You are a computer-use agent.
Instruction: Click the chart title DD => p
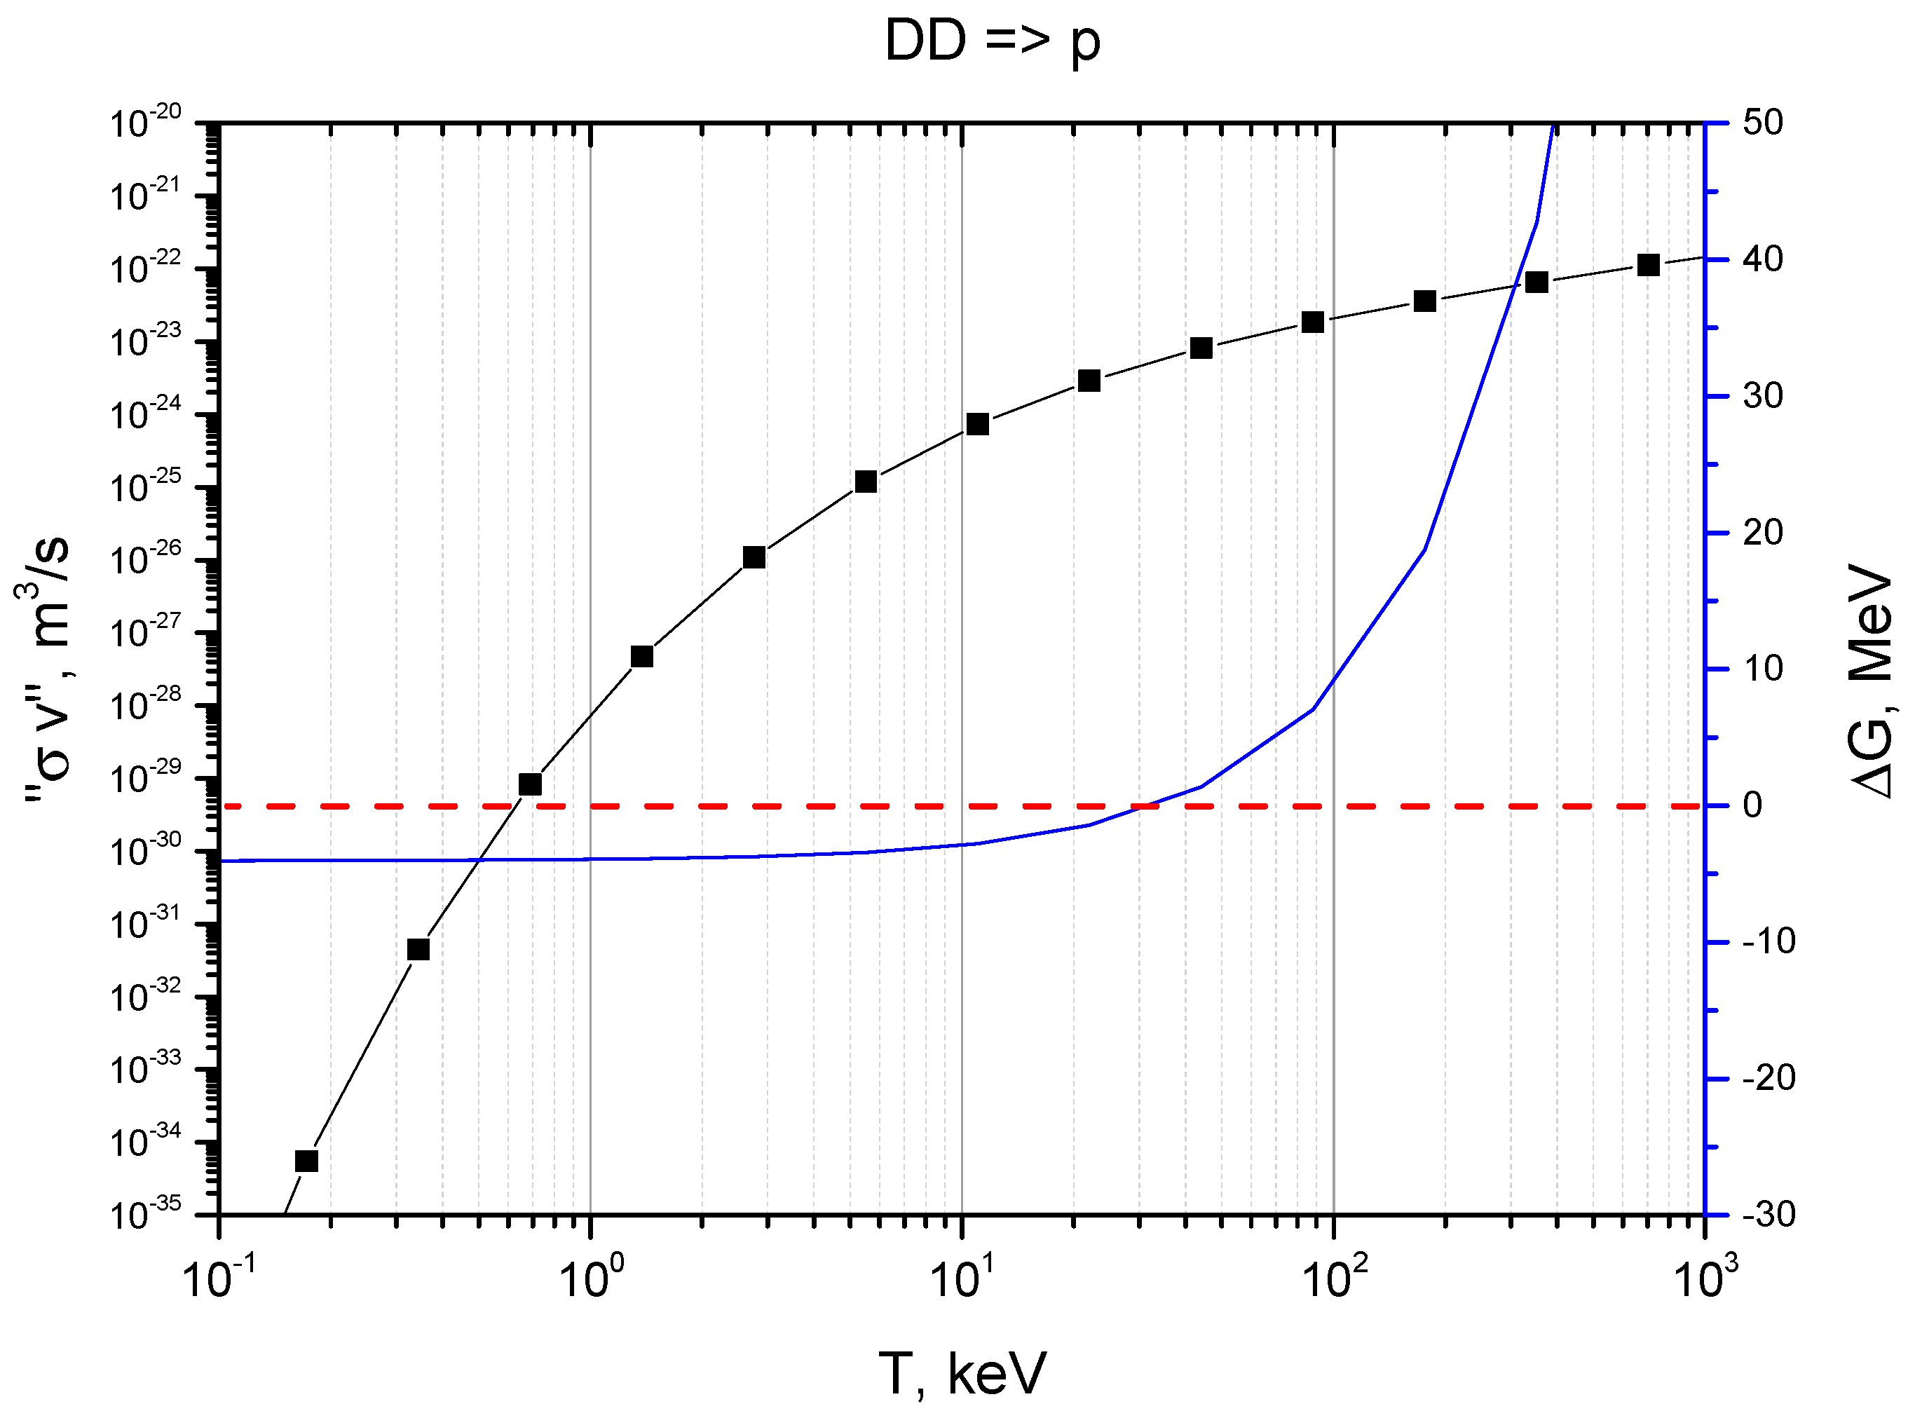[x=993, y=41]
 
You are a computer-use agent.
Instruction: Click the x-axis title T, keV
[x=962, y=1373]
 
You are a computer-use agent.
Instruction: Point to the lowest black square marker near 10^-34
[x=306, y=1161]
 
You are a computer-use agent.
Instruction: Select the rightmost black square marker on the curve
[x=1649, y=265]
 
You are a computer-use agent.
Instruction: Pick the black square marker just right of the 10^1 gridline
[x=978, y=425]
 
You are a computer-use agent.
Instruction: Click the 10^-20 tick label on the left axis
[x=145, y=123]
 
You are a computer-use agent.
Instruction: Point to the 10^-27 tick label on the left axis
[x=145, y=632]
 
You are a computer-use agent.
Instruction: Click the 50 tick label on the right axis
[x=1763, y=123]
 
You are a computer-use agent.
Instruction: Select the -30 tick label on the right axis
[x=1768, y=1214]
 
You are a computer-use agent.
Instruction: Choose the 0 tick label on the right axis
[x=1752, y=805]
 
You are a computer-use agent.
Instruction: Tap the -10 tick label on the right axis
[x=1768, y=941]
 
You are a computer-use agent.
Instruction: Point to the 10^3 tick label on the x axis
[x=1705, y=1279]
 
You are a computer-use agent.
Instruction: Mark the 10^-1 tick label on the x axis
[x=219, y=1279]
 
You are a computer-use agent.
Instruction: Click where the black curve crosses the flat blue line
[x=480, y=859]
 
